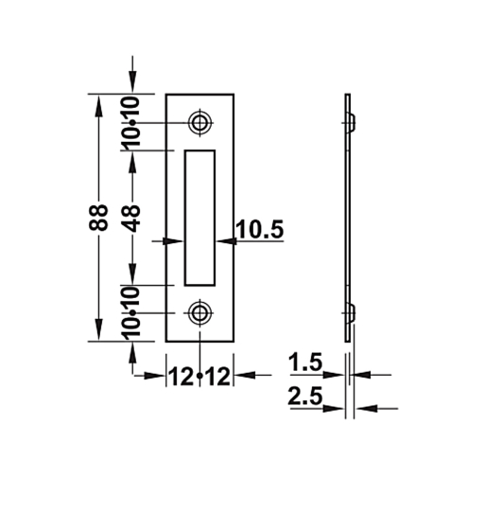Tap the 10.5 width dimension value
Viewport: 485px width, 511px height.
(259, 229)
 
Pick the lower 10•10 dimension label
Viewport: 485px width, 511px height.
(132, 312)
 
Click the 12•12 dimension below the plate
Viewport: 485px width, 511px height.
(199, 376)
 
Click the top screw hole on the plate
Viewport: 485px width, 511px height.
(199, 123)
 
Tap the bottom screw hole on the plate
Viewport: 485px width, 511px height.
(199, 313)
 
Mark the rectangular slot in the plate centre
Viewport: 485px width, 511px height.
(199, 217)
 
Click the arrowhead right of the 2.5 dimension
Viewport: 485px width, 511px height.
(363, 409)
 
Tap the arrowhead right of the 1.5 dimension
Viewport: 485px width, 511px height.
(358, 375)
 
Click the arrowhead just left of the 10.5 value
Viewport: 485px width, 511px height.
(225, 242)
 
